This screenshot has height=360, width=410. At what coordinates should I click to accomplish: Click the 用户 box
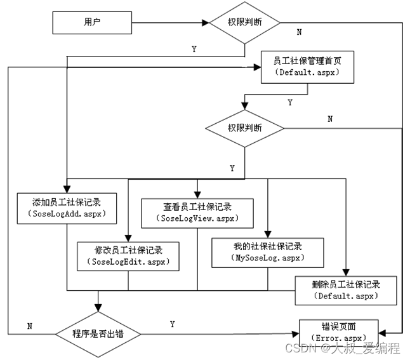[x=93, y=23]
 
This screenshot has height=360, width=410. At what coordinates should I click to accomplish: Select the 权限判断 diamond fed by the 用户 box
[x=244, y=23]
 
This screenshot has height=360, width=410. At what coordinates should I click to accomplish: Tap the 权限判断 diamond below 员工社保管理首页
[x=244, y=128]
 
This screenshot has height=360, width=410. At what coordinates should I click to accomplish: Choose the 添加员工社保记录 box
[x=67, y=208]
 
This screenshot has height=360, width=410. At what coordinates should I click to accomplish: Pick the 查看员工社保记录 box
[x=197, y=213]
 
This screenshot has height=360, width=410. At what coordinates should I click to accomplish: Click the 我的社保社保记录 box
[x=267, y=251]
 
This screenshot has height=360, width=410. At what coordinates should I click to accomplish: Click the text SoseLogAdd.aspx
[x=67, y=215]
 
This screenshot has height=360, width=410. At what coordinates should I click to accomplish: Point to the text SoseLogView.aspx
[x=197, y=219]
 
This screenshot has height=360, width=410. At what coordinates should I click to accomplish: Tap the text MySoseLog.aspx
[x=267, y=258]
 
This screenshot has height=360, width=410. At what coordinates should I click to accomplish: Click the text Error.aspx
[x=340, y=338]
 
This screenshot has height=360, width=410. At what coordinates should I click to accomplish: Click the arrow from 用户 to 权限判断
[x=171, y=23]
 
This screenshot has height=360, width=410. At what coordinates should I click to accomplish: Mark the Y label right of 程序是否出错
[x=172, y=324]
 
